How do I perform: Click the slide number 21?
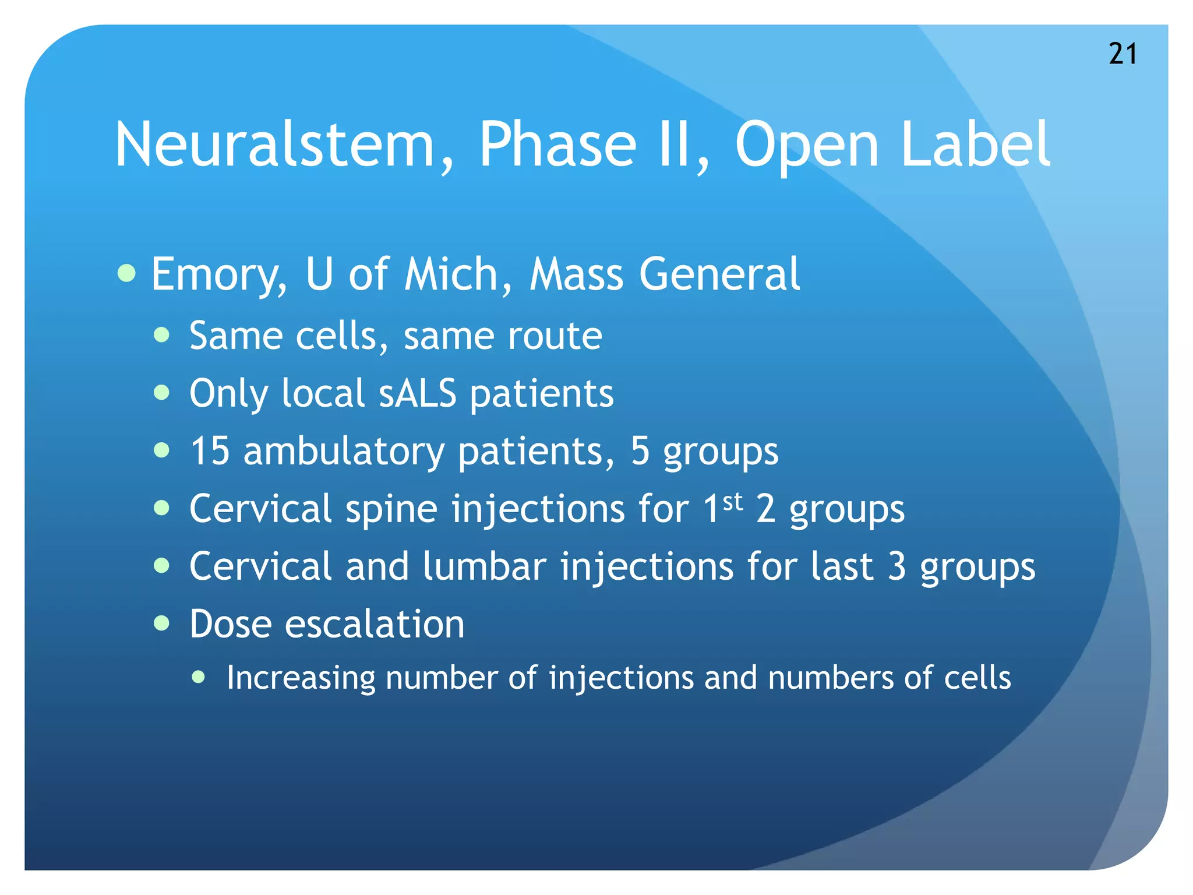(x=1123, y=54)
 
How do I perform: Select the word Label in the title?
(x=975, y=145)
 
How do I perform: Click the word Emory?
(x=219, y=275)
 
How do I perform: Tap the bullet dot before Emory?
(x=126, y=272)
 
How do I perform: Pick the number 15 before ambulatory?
(x=210, y=451)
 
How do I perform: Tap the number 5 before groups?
(x=640, y=451)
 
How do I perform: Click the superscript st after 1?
(x=733, y=501)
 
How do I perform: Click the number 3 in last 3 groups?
(x=896, y=566)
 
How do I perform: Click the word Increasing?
(x=301, y=678)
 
